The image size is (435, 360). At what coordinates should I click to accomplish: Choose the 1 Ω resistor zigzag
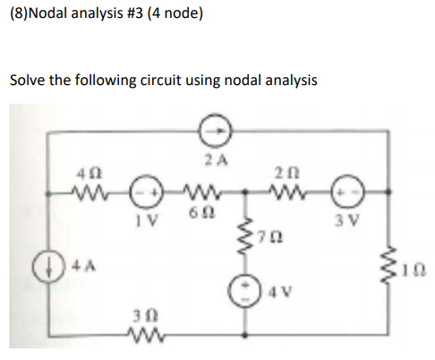point(394,265)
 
